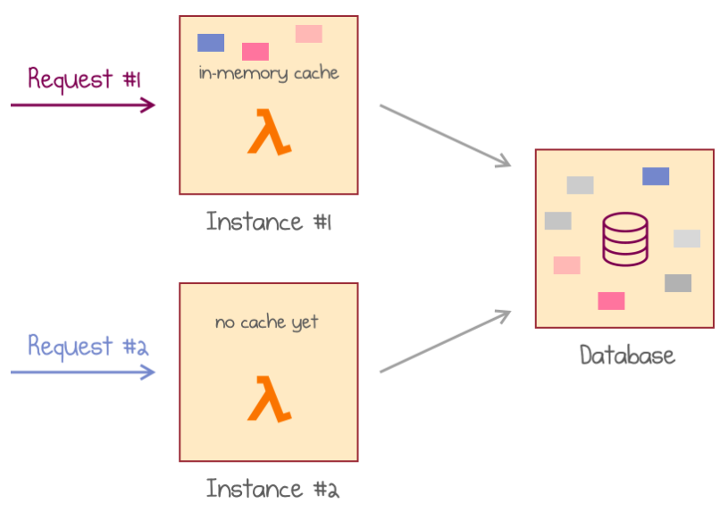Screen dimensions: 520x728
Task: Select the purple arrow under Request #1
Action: point(83,105)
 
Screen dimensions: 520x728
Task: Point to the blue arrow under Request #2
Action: point(83,372)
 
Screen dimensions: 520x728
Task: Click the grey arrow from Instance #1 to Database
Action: point(445,135)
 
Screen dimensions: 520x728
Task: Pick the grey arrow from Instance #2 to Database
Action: point(445,341)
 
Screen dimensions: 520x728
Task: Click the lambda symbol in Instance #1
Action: point(269,133)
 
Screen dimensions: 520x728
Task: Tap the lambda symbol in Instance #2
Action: point(269,399)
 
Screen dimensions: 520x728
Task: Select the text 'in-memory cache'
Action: point(269,73)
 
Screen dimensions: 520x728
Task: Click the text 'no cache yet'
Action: point(266,323)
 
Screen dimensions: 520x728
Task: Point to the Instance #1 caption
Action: point(269,221)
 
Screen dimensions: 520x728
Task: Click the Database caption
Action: point(627,356)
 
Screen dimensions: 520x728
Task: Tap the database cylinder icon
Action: point(624,238)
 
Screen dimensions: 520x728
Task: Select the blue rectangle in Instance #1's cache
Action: point(211,42)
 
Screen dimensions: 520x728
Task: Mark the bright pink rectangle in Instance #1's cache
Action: point(255,51)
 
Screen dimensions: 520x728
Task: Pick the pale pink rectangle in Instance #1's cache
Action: point(309,34)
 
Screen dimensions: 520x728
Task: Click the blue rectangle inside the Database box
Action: point(656,176)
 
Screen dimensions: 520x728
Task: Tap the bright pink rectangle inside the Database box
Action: point(611,300)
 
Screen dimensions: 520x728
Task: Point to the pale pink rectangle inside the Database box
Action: point(566,265)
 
